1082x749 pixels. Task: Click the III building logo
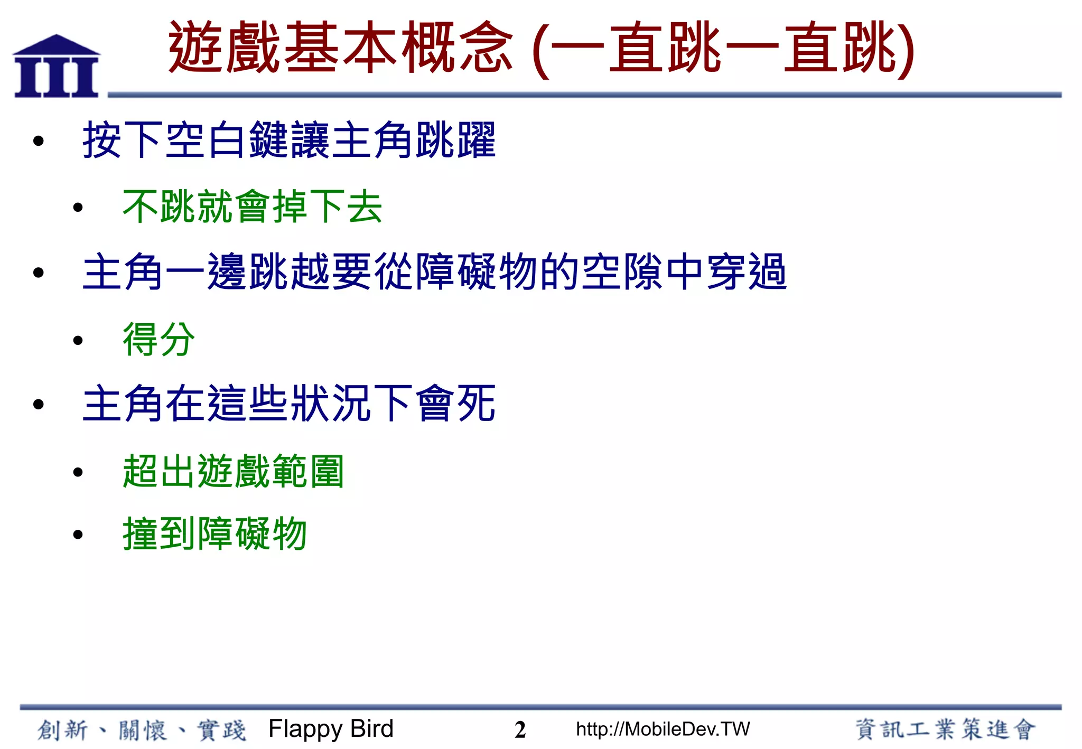pos(56,67)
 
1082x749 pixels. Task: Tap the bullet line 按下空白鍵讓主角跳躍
pos(289,140)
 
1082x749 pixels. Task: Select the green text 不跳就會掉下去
pos(252,207)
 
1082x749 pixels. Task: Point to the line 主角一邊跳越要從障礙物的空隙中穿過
pos(434,272)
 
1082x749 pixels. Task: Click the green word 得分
pos(158,339)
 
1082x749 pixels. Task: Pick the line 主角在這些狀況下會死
pos(289,404)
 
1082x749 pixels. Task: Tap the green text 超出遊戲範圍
pos(233,471)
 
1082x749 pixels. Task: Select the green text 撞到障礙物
pos(214,533)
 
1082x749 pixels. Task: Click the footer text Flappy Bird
pos(331,729)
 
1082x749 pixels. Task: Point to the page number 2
pos(520,730)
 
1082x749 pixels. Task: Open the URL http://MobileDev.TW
pos(663,729)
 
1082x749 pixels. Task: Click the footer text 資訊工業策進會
pos(945,729)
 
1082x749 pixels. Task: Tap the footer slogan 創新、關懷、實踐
pos(142,730)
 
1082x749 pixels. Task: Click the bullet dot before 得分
pos(78,340)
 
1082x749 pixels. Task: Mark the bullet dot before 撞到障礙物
pos(78,535)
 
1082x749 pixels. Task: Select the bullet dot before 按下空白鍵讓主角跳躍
pos(38,141)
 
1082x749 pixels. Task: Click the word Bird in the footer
pos(372,729)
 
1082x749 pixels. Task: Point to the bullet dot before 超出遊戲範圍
pos(78,472)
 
